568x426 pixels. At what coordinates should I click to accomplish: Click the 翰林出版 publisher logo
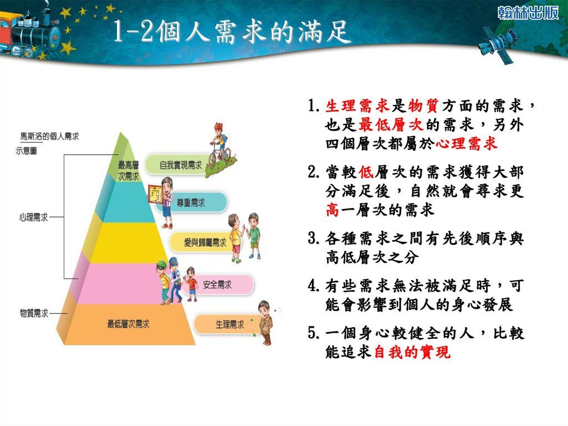528,13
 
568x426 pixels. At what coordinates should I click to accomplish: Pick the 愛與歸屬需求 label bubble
203,242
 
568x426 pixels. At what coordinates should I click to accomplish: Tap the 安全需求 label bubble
217,285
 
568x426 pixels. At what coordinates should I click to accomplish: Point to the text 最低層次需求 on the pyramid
128,324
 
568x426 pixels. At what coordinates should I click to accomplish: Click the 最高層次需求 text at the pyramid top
128,171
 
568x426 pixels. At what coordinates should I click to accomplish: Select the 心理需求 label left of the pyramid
34,217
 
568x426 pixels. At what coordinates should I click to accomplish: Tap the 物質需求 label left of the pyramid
34,313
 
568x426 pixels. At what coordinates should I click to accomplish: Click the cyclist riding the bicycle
220,144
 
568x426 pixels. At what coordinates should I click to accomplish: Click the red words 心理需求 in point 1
466,144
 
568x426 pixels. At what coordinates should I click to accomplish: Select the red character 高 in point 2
332,209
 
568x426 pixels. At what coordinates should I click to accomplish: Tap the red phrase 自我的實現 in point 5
412,351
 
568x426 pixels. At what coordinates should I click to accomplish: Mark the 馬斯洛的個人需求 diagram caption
49,136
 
